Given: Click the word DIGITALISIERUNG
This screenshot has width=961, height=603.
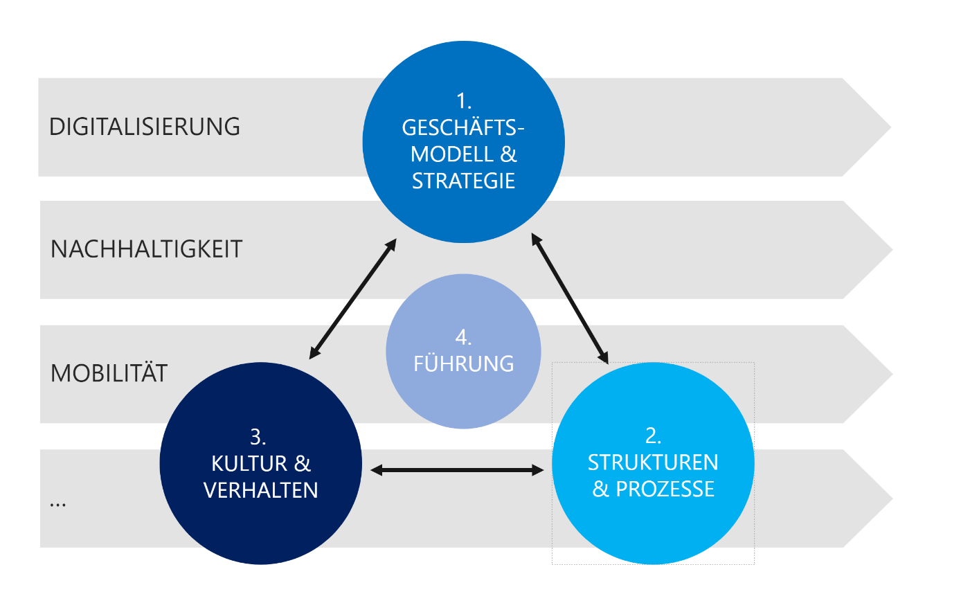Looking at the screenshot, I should (145, 127).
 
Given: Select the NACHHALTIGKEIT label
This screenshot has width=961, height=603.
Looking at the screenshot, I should (146, 249).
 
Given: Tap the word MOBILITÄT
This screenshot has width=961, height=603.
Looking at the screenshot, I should (109, 374).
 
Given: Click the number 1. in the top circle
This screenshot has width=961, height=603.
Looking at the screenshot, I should (464, 102).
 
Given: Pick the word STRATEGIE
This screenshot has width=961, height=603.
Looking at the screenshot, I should (463, 181).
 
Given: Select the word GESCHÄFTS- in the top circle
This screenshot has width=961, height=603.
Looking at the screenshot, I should (462, 128).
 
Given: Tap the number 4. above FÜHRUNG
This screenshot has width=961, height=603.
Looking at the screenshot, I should (463, 338).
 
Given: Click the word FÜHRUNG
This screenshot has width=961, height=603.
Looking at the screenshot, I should (463, 364).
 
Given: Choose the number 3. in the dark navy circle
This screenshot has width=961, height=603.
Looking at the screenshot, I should (258, 437).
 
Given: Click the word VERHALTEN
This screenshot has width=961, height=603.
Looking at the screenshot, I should (261, 490).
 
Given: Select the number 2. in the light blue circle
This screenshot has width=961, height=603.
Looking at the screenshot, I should (653, 435).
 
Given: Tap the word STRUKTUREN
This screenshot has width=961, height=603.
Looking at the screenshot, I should (653, 462).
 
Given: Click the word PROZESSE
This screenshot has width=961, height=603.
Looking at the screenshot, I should (665, 489).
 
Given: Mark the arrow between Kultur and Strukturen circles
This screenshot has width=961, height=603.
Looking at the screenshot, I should (457, 471).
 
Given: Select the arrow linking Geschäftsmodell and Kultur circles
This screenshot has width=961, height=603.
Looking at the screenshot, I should (352, 299).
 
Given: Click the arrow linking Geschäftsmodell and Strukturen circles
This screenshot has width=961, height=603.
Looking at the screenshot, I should (570, 298).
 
